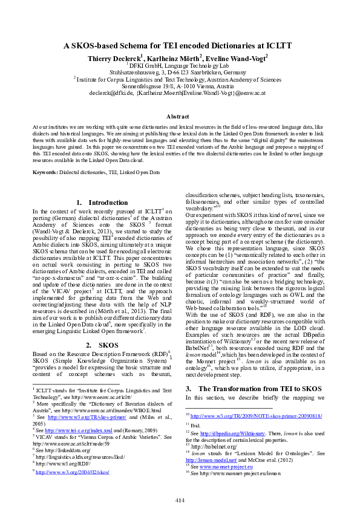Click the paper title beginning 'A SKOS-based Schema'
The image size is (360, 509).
click(x=180, y=45)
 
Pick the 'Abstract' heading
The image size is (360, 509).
click(x=180, y=115)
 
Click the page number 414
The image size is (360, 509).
click(x=180, y=482)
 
